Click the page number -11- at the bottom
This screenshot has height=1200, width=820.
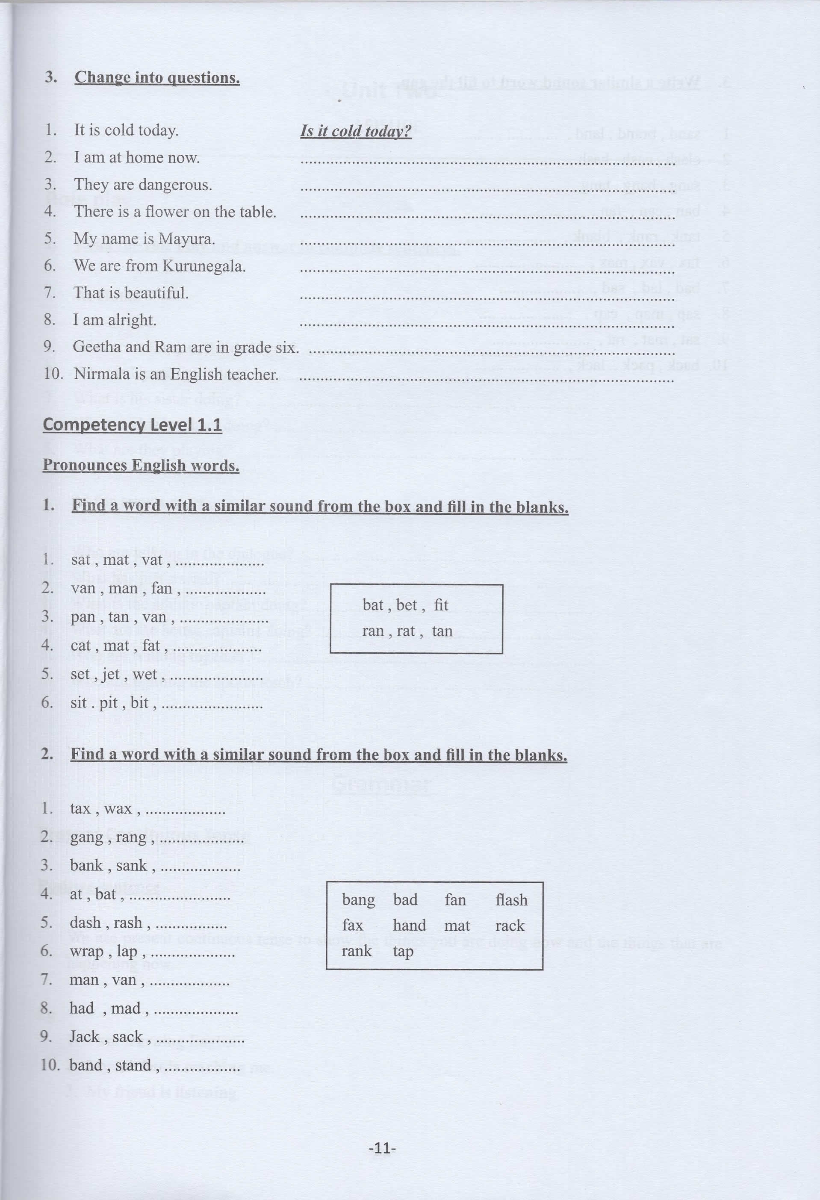point(382,1148)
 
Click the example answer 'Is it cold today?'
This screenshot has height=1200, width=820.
point(356,131)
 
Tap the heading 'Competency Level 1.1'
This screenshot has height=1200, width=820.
point(132,425)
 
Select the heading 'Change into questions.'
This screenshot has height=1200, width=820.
point(157,77)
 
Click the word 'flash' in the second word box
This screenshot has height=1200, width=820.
point(511,900)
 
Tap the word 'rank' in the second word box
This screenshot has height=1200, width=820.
point(356,951)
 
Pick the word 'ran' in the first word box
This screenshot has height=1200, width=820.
point(373,631)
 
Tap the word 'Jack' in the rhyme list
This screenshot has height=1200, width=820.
point(84,1036)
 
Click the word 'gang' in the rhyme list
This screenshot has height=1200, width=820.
point(86,837)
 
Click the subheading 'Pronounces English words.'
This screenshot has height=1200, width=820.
point(141,465)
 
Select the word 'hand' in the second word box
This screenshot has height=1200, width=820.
point(410,925)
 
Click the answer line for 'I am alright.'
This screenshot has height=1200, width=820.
point(487,325)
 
